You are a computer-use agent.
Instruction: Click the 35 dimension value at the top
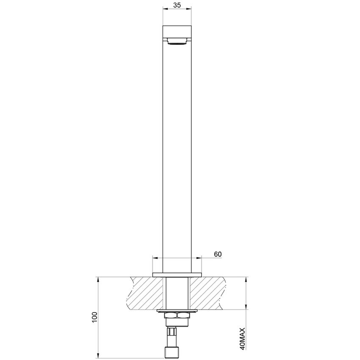(x=177, y=5)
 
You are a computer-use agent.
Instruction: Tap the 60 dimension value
(x=218, y=254)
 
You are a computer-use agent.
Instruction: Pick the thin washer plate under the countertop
(x=177, y=311)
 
